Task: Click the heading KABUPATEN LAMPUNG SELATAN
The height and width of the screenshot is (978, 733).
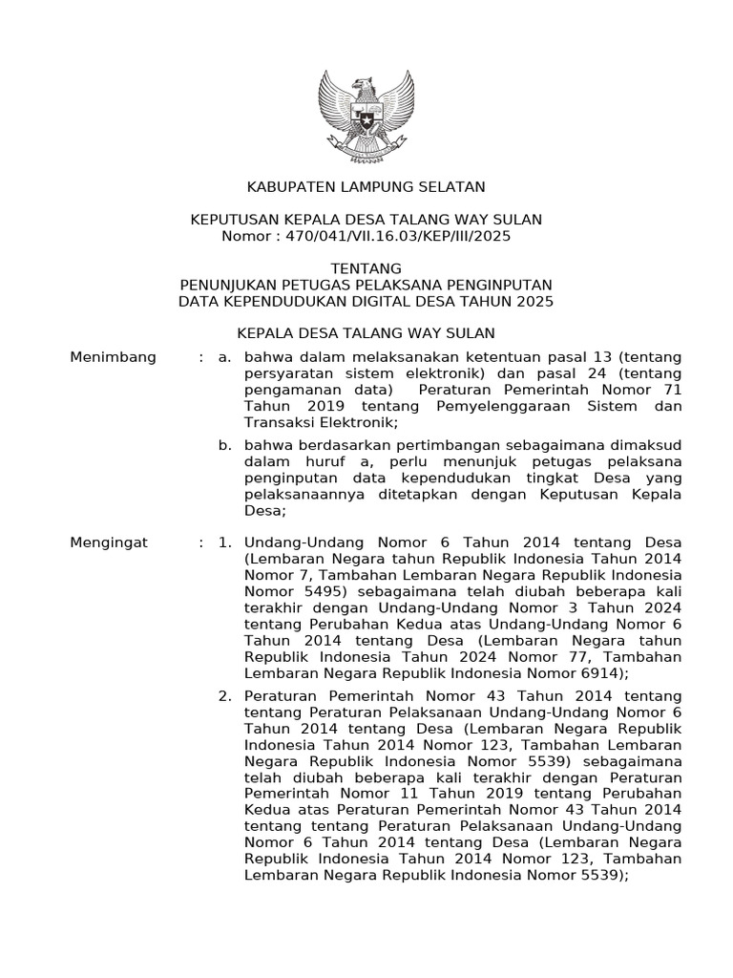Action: [x=366, y=186]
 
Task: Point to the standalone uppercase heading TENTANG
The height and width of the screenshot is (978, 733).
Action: [x=366, y=268]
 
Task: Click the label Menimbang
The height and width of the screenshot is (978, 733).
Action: [x=114, y=357]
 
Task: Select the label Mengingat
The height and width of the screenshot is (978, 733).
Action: [x=110, y=542]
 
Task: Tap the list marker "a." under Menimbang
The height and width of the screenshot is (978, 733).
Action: [x=225, y=357]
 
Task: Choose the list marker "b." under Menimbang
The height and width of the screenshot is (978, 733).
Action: [x=225, y=445]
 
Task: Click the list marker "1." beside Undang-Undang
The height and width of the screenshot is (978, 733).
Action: [x=225, y=542]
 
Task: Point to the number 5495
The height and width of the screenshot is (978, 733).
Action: [x=308, y=591]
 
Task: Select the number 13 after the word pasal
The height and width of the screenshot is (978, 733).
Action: [x=552, y=357]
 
